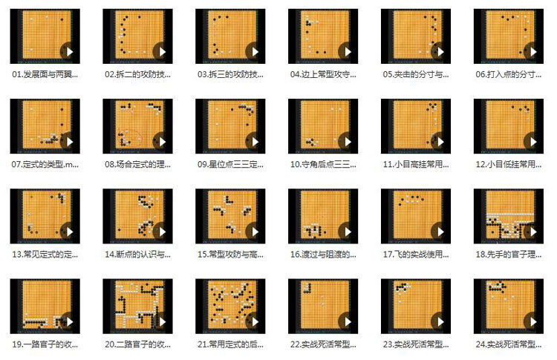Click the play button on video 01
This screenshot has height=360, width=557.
68,52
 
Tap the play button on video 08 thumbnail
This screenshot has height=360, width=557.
160,142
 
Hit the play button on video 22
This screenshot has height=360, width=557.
345,321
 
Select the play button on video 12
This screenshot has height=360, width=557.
531,142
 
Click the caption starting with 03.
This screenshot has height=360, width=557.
230,74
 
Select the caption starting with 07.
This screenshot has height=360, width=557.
45,164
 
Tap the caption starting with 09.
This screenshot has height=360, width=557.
230,164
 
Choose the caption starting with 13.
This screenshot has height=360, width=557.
45,254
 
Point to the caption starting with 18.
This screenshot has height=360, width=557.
508,254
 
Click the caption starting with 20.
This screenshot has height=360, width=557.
137,344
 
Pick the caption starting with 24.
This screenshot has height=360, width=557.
508,344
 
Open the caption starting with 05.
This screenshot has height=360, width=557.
416,74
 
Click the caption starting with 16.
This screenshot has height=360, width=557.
323,254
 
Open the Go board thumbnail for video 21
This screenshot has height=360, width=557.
230,306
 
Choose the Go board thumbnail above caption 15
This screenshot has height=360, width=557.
230,216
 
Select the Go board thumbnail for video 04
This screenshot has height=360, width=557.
323,36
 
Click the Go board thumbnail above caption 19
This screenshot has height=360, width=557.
45,306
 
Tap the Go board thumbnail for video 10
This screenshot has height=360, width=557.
323,126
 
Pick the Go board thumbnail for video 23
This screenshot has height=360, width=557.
416,306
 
